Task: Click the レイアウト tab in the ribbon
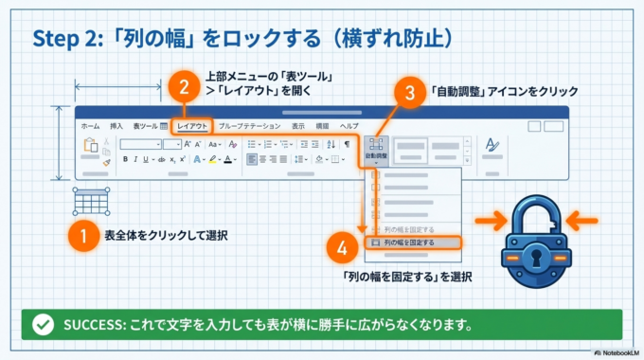pyautogui.click(x=192, y=125)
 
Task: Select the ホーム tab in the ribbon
pyautogui.click(x=90, y=125)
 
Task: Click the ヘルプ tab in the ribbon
pyautogui.click(x=349, y=125)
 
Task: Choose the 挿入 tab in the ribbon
pyautogui.click(x=116, y=125)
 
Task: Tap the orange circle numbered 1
pyautogui.click(x=84, y=235)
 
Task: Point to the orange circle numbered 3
pyautogui.click(x=408, y=93)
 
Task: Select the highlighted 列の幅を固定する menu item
pyautogui.click(x=411, y=243)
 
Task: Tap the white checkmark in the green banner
pyautogui.click(x=43, y=324)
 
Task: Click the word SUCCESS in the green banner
pyautogui.click(x=91, y=324)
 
